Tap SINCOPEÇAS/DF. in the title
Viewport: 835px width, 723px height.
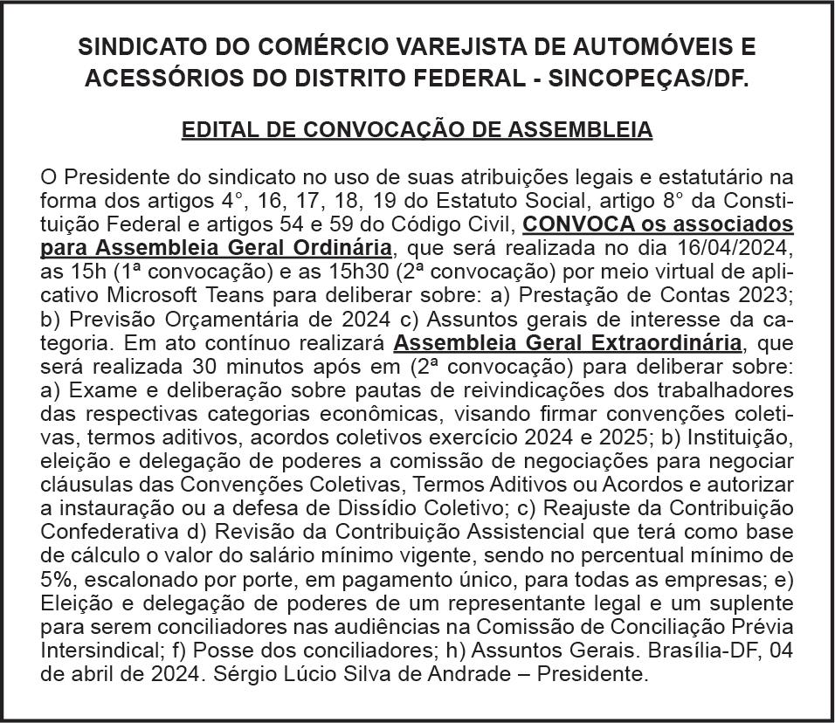click(642, 78)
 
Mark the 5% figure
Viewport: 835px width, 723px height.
click(58, 579)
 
